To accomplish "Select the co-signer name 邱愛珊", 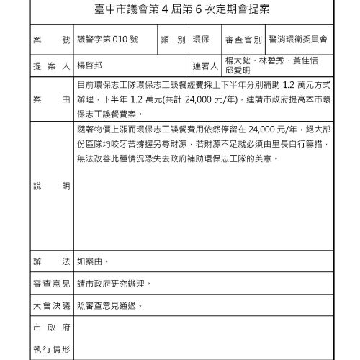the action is point(238,71).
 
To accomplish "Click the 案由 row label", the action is point(52,99).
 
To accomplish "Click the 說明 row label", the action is point(52,186).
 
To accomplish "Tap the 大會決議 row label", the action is point(52,306).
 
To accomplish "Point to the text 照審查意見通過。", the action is point(109,306).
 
